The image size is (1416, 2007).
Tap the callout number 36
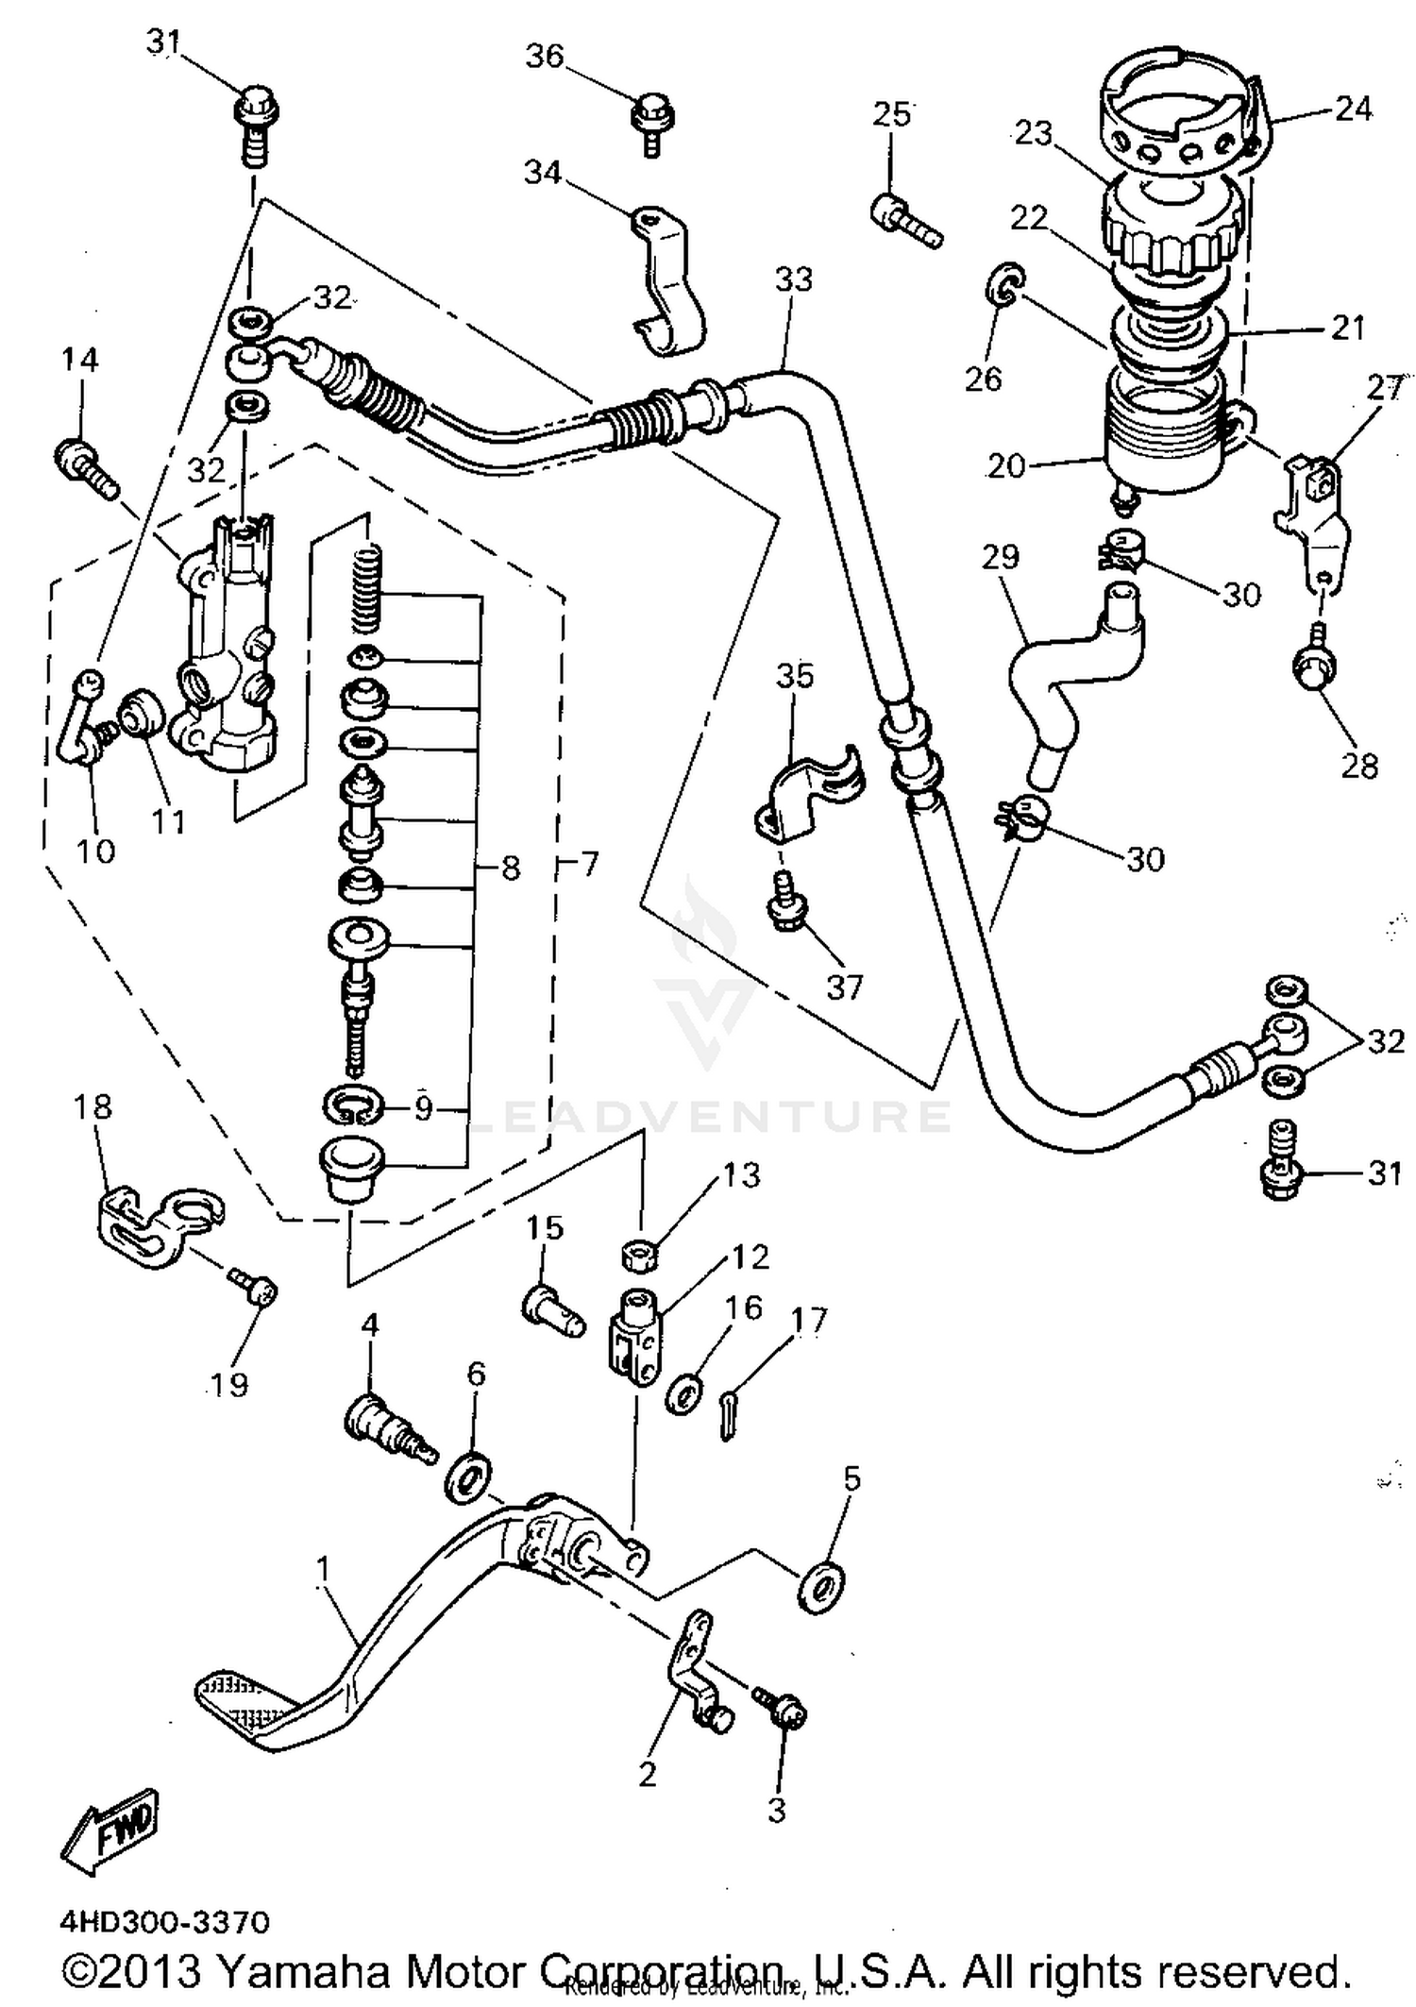click(x=545, y=57)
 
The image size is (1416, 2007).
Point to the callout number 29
click(x=1000, y=556)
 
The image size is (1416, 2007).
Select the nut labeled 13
click(x=640, y=1256)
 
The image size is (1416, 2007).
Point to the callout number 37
click(x=844, y=987)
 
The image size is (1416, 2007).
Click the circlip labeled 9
click(x=352, y=1105)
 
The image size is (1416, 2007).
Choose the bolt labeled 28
click(x=1314, y=668)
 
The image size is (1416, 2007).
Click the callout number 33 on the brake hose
click(x=794, y=279)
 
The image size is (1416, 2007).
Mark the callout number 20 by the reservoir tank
click(x=1005, y=466)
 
